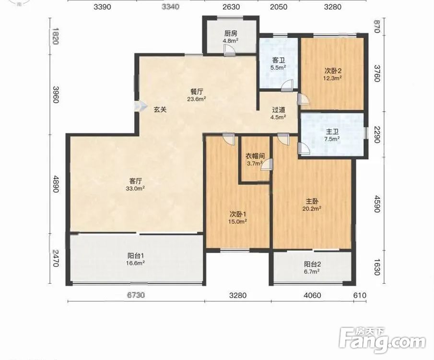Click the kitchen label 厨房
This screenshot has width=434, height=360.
[x=231, y=34]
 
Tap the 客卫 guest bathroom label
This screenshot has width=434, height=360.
[x=279, y=60]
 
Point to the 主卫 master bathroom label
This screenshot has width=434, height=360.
[x=332, y=132]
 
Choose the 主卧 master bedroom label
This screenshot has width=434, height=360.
[x=312, y=201]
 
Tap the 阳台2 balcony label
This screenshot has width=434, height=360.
[x=312, y=264]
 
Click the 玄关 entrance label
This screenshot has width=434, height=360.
[x=160, y=110]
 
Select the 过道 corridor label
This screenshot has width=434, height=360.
[x=279, y=110]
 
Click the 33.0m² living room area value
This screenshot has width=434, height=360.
[x=136, y=189]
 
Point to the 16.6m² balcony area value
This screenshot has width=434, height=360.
[x=136, y=263]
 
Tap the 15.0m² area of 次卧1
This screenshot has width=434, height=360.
[x=237, y=221]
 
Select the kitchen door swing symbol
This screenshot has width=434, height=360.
[x=229, y=51]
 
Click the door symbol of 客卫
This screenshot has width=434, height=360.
[x=287, y=86]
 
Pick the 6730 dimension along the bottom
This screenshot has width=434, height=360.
[x=136, y=295]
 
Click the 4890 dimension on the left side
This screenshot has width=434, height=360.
[x=56, y=184]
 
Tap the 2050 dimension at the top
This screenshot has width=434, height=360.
[x=279, y=7]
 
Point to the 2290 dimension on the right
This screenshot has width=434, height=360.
[x=377, y=134]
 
